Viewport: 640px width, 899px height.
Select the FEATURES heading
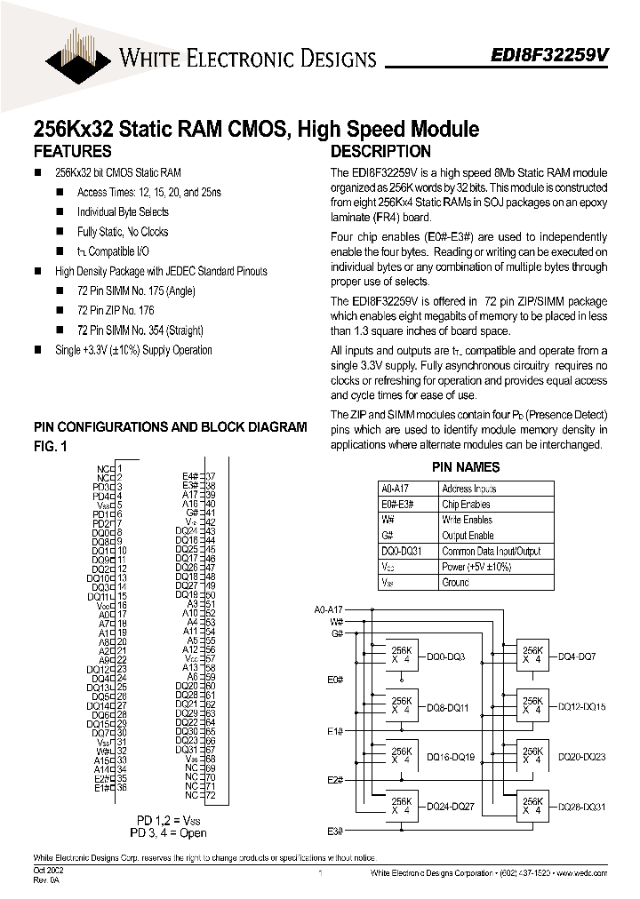[72, 151]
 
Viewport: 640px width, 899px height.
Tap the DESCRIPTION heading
[380, 151]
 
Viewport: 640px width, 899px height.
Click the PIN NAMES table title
[466, 467]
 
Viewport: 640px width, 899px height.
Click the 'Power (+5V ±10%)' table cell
[478, 567]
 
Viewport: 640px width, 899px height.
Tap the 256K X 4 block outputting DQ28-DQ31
[532, 806]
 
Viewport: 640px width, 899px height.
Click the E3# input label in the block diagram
[334, 831]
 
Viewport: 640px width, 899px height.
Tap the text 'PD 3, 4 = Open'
[169, 832]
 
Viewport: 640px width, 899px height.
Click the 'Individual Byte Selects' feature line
[123, 211]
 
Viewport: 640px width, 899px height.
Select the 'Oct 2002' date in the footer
[44, 871]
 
